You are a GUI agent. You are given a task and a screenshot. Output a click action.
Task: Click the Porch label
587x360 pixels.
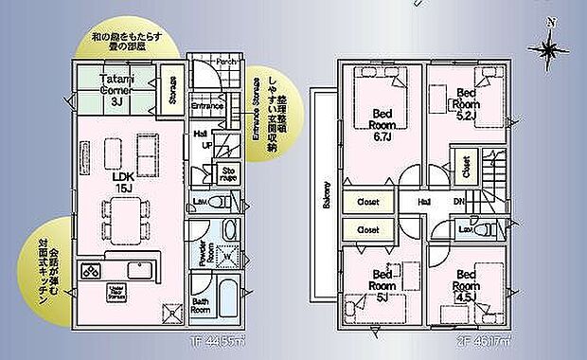click(226, 63)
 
